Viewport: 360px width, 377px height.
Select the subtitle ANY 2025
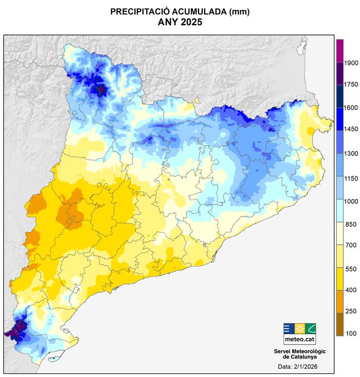[x=180, y=22]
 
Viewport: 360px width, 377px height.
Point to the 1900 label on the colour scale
[x=351, y=62]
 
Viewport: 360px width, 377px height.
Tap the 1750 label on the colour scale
[x=351, y=84]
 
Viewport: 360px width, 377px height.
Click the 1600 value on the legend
[x=351, y=107]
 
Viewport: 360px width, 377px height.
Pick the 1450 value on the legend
[x=351, y=131]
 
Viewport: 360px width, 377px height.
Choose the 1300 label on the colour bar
[x=351, y=154]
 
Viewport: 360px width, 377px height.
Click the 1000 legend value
[x=351, y=201]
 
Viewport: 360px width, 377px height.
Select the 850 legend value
[x=351, y=224]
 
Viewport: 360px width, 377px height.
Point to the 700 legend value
[x=351, y=247]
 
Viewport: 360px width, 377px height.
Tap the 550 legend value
[x=351, y=268]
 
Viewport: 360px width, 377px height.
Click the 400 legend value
[x=351, y=291]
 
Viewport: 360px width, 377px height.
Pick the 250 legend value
[x=351, y=311]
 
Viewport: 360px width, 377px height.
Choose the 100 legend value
[x=351, y=334]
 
